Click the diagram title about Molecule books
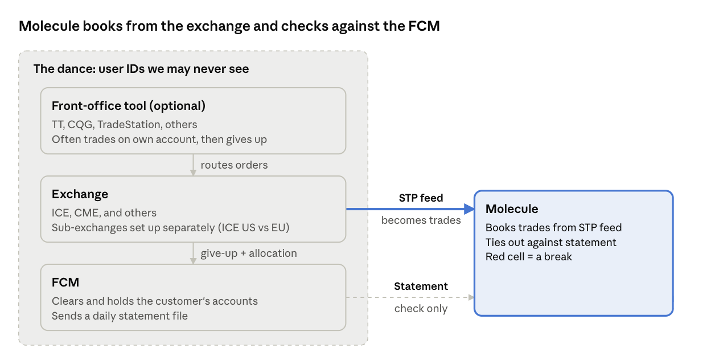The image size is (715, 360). coord(229,26)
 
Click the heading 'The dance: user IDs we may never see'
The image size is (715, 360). coord(141,69)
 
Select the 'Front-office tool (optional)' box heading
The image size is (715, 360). coord(129,106)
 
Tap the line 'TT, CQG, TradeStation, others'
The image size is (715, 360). coord(125,124)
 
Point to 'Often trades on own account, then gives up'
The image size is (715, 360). coord(159,140)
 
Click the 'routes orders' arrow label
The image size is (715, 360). coord(234,165)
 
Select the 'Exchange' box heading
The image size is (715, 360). coord(80,194)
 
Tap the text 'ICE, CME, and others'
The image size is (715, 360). coord(104,212)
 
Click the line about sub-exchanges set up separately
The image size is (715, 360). coord(170,228)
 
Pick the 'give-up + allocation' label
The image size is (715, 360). coord(249,253)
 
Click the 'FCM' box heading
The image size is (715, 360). coord(65,283)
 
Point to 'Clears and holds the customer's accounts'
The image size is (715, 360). coord(155,301)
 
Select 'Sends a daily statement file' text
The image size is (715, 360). coord(120,316)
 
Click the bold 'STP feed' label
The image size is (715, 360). coord(421,198)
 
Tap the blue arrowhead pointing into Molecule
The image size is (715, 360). coord(469,209)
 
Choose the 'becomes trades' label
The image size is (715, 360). coord(421,220)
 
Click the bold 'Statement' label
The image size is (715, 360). coord(421,286)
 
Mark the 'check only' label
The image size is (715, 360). coord(421,309)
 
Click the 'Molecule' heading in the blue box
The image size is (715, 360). coord(512,209)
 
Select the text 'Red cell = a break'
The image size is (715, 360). coord(529,257)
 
